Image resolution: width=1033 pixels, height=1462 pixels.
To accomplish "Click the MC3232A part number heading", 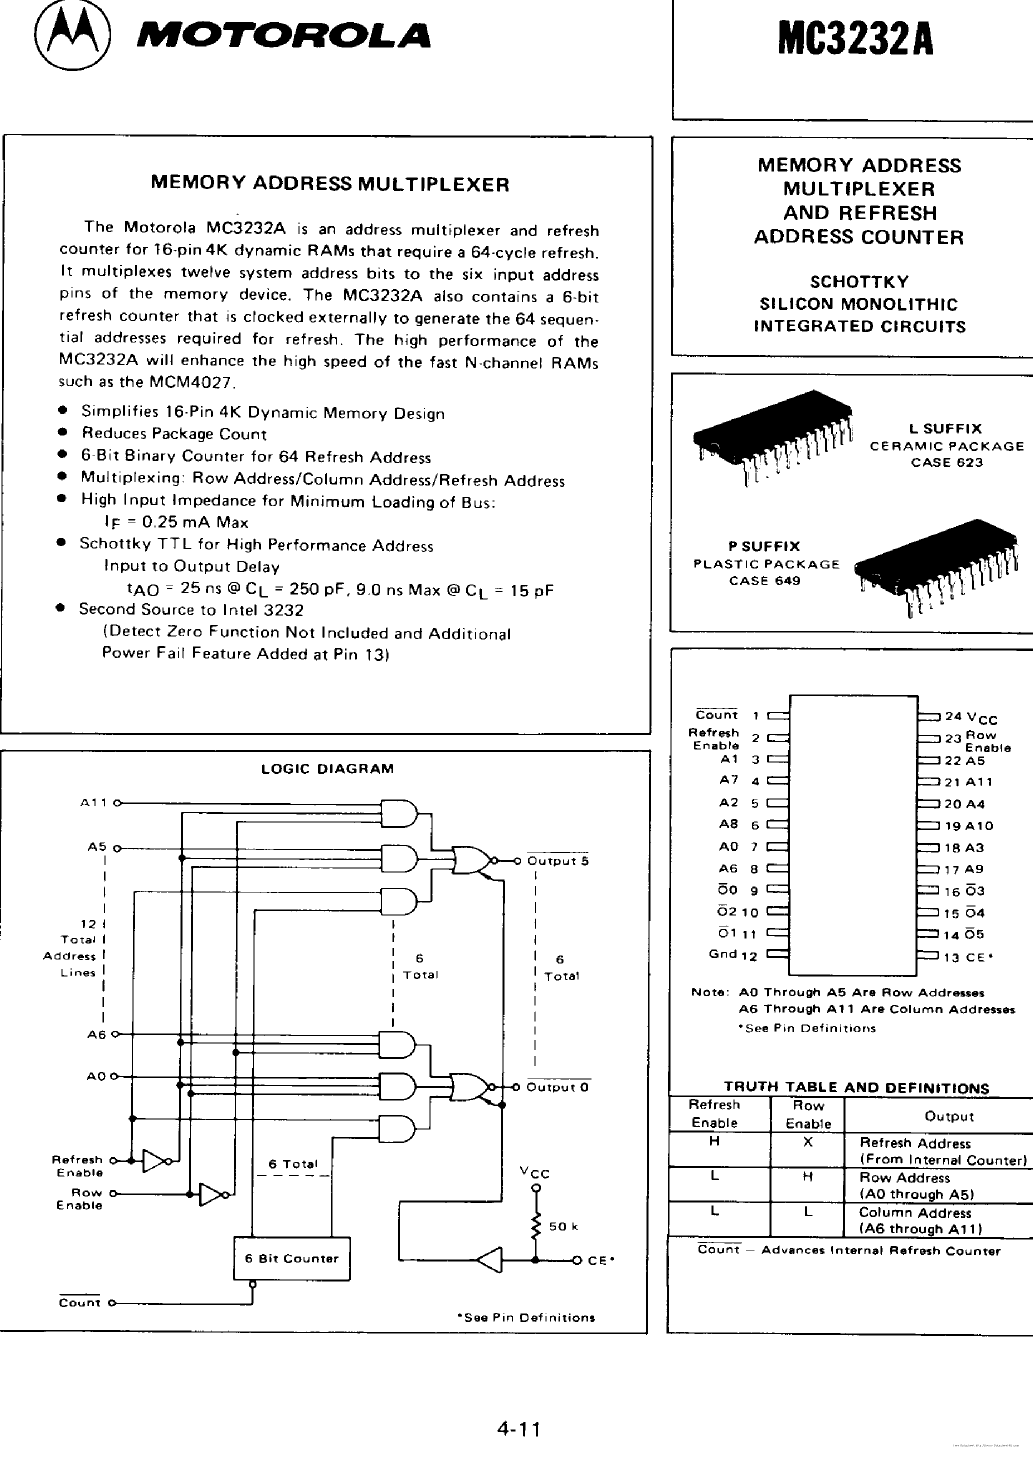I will (855, 40).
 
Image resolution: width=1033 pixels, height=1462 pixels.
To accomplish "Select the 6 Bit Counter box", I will (291, 1258).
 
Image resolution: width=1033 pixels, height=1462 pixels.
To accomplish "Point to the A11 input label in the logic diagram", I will (93, 803).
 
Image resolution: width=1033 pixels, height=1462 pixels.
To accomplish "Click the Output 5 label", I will (558, 861).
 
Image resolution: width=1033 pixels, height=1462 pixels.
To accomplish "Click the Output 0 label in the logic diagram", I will (557, 1087).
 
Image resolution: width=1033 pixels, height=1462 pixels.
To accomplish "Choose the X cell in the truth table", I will (807, 1141).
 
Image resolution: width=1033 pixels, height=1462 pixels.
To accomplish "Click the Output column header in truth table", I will (949, 1116).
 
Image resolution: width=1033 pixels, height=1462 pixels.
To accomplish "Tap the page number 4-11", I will (519, 1429).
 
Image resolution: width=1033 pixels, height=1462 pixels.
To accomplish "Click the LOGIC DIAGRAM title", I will (327, 768).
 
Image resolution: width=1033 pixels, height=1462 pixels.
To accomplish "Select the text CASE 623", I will (946, 462).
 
